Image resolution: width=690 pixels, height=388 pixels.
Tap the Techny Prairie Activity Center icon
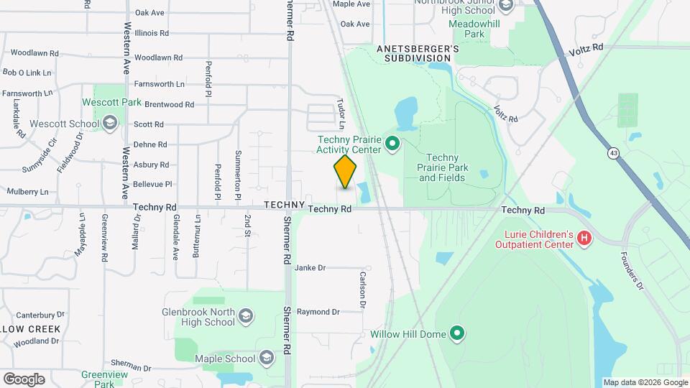pyautogui.click(x=392, y=144)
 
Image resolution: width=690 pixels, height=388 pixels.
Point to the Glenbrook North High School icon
pyautogui.click(x=246, y=317)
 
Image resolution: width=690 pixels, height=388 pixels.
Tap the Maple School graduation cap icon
pyautogui.click(x=267, y=359)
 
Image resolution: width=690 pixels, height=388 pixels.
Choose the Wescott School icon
pyautogui.click(x=109, y=124)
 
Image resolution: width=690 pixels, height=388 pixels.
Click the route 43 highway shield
pyautogui.click(x=612, y=153)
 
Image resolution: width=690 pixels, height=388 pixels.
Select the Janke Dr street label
pyautogui.click(x=310, y=268)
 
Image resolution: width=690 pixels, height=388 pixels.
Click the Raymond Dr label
pyautogui.click(x=318, y=312)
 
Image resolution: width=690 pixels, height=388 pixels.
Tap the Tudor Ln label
pyautogui.click(x=342, y=114)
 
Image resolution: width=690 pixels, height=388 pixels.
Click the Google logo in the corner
pyautogui.click(x=24, y=379)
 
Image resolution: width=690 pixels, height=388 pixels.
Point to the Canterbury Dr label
pyautogui.click(x=40, y=315)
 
